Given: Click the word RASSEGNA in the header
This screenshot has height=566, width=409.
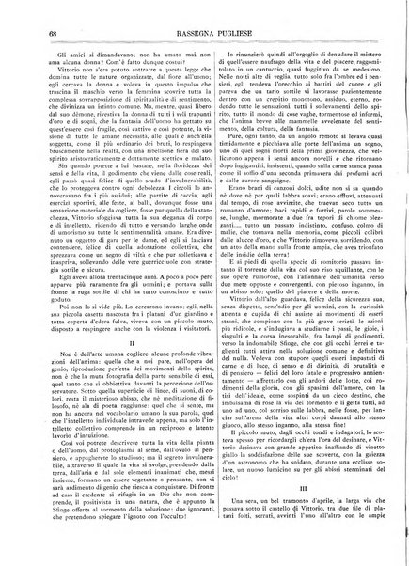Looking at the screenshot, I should click(x=188, y=37).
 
